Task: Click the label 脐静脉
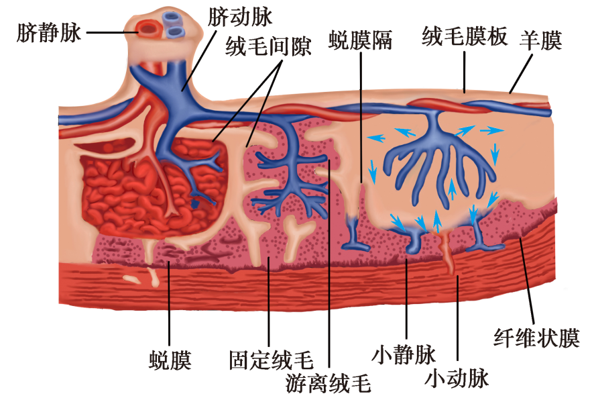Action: tap(49, 32)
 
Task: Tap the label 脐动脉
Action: tap(241, 17)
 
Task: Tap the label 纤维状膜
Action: tap(536, 337)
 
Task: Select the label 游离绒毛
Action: tap(328, 383)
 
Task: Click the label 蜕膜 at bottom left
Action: tap(170, 360)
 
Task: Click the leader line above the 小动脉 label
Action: tap(457, 322)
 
